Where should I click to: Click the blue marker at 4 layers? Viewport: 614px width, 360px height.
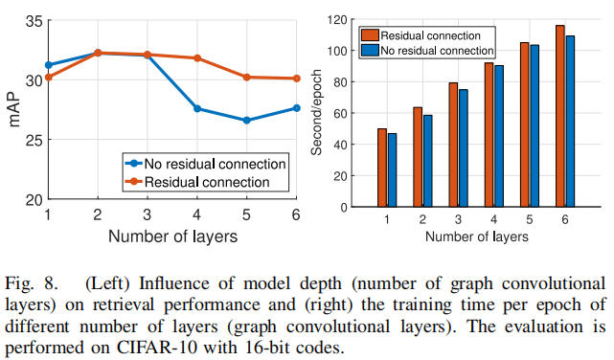[x=197, y=108]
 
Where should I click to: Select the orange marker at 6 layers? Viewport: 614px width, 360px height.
[x=296, y=79]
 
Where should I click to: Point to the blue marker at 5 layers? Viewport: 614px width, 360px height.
[x=246, y=121]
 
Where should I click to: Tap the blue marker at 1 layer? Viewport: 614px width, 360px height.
[x=49, y=65]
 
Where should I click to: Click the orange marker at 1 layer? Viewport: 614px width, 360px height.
[x=49, y=77]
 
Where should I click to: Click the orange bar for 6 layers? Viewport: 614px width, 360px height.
[x=559, y=117]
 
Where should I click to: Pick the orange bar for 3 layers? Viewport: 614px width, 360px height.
[x=452, y=146]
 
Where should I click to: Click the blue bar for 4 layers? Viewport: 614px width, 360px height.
[x=499, y=137]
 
